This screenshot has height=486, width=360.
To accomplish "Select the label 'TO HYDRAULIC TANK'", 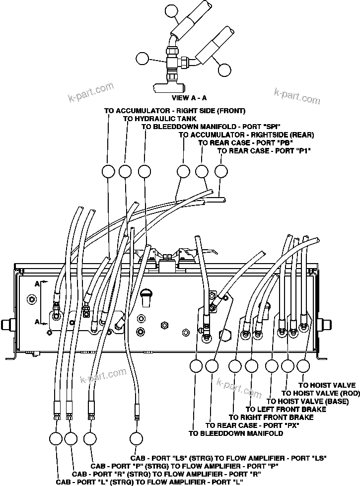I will [159, 119].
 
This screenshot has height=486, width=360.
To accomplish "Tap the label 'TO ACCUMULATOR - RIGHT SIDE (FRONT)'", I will [174, 111].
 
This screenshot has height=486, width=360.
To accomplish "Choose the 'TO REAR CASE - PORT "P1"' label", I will [264, 150].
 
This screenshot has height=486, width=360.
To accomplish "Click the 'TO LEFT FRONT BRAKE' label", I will [284, 409].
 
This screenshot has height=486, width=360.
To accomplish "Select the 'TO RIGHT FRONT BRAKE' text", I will [271, 417].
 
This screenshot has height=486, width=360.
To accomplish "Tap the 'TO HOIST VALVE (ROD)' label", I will [319, 393].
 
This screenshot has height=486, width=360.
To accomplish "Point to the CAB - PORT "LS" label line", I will [228, 458].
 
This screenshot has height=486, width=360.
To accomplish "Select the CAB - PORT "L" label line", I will [149, 482].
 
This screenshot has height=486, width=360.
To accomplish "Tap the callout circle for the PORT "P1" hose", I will [221, 172].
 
